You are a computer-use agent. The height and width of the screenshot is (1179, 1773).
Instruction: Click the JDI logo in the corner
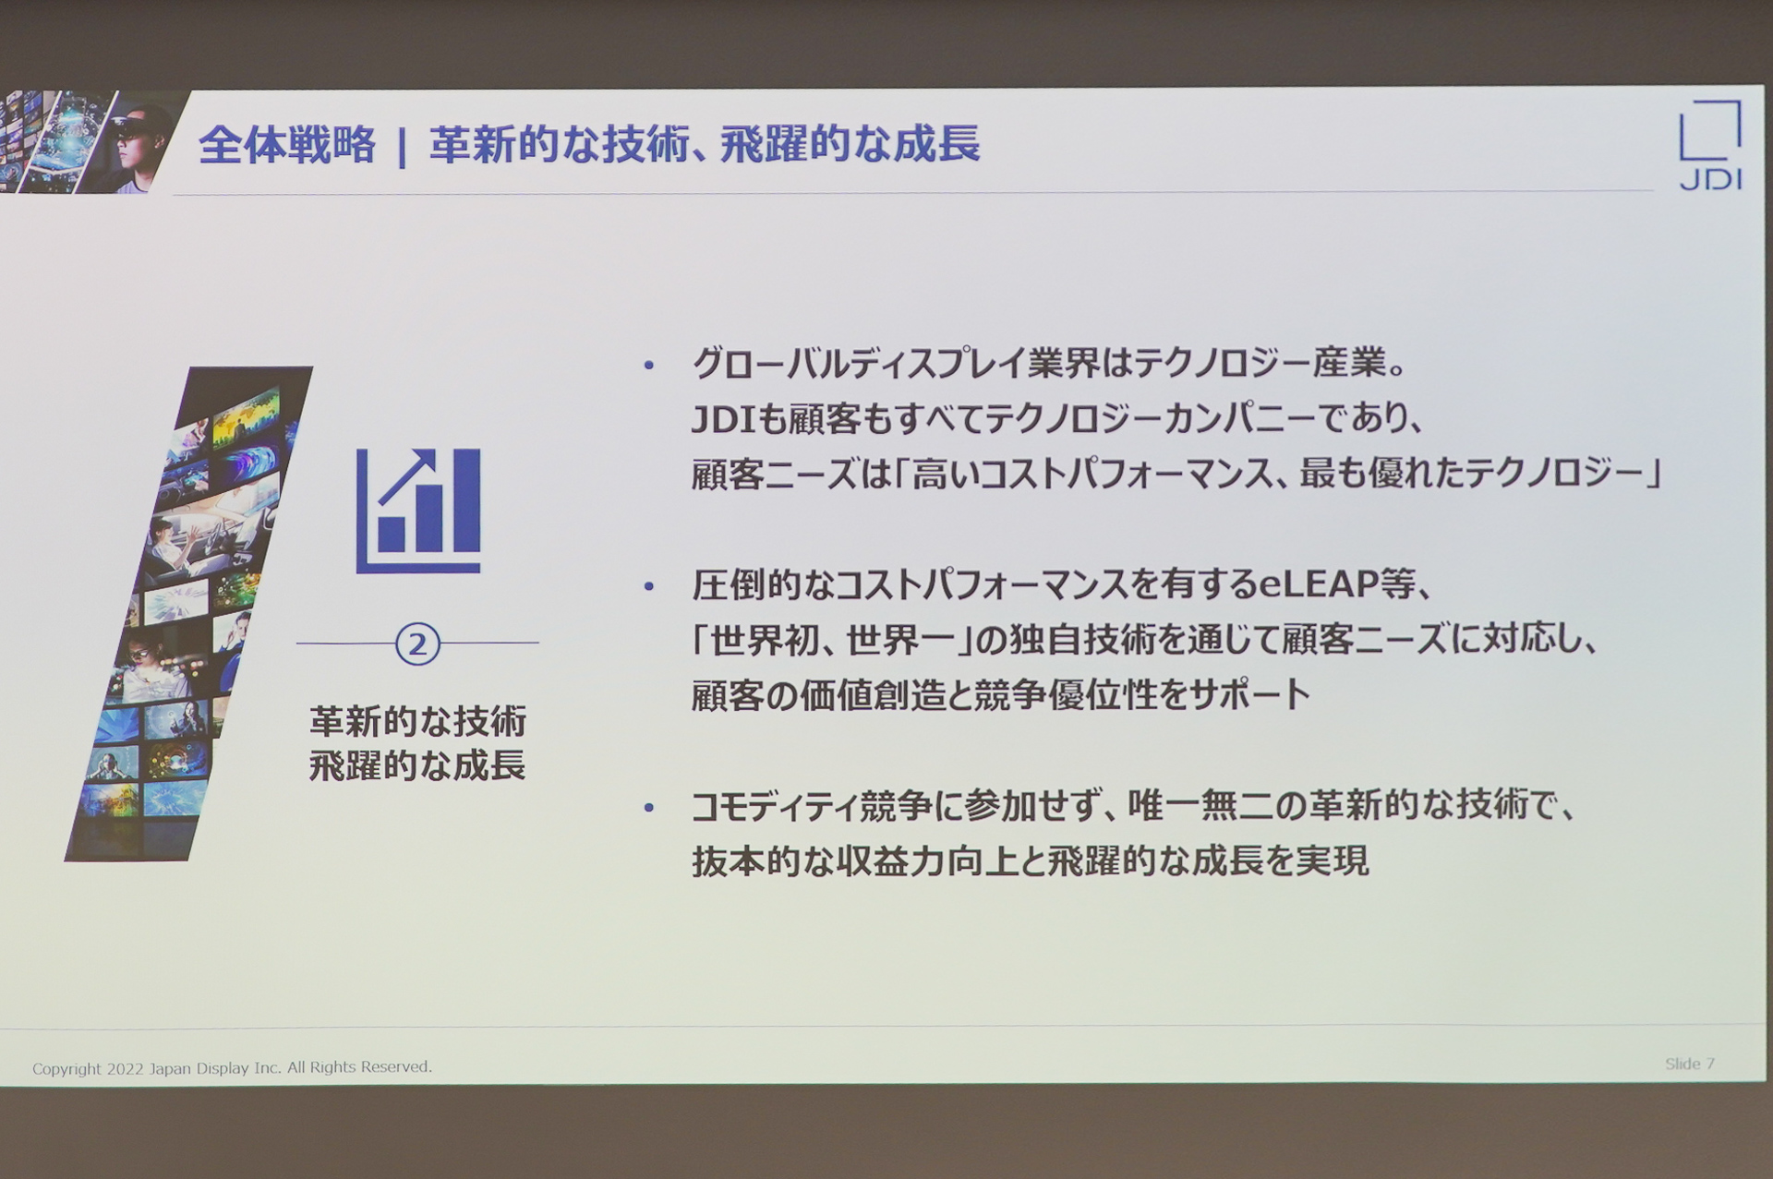pyautogui.click(x=1710, y=146)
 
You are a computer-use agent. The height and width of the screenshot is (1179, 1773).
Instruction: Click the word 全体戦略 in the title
pyautogui.click(x=287, y=146)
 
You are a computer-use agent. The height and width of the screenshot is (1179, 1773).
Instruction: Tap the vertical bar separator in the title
pyautogui.click(x=402, y=148)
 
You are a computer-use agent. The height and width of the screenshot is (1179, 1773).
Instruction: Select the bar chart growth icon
pyautogui.click(x=418, y=511)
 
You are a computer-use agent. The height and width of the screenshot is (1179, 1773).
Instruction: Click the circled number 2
pyautogui.click(x=417, y=644)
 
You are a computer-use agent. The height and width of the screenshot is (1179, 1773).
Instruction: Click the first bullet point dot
pyautogui.click(x=649, y=366)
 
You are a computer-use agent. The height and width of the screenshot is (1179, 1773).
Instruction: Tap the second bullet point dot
pyautogui.click(x=649, y=586)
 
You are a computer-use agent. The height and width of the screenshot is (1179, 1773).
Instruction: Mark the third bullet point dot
pyautogui.click(x=649, y=808)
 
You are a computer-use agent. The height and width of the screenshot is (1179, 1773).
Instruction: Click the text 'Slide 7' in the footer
pyautogui.click(x=1689, y=1064)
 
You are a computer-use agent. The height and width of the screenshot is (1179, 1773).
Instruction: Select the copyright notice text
pyautogui.click(x=232, y=1067)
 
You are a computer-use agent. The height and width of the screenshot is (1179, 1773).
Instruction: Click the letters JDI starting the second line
pyautogui.click(x=724, y=420)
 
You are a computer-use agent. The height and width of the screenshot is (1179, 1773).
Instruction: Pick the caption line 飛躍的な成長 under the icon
pyautogui.click(x=417, y=765)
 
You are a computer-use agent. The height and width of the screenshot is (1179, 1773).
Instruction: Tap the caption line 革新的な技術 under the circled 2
pyautogui.click(x=417, y=721)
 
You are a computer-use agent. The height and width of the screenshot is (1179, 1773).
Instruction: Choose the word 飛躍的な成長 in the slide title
pyautogui.click(x=850, y=146)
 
